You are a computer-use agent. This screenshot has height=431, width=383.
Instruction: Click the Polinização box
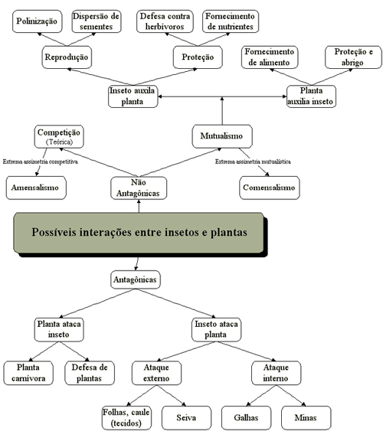pos(37,21)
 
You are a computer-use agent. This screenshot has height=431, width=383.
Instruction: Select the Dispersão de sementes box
pos(97,21)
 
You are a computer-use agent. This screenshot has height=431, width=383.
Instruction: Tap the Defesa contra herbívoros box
pos(165,21)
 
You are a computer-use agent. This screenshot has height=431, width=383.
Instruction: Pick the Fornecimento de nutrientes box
pos(231,21)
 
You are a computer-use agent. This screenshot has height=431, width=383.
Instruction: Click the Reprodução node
pos(67,57)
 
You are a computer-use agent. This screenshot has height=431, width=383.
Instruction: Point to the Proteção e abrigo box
pos(353,57)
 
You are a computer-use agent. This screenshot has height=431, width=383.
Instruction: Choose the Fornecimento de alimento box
pos(270,57)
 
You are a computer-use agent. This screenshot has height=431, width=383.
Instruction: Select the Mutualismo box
pos(222,136)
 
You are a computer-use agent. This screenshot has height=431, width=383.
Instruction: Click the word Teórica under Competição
pos(59,142)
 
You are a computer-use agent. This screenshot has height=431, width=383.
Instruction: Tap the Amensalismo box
pos(36,188)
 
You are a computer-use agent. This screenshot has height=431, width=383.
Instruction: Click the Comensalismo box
pos(269,188)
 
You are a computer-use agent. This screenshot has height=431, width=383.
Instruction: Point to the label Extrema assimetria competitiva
pos(40,162)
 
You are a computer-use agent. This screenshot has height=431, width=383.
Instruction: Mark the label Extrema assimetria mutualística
pos(253,162)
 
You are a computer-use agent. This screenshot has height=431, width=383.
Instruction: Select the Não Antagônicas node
pos(139,188)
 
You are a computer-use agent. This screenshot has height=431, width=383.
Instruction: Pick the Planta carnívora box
pos(28,373)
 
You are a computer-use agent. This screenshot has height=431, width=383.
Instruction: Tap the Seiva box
pos(186,418)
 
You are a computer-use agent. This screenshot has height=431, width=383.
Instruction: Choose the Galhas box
pos(246,418)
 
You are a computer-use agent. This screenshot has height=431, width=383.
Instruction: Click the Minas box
pos(306,418)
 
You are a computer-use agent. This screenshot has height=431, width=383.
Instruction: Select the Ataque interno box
pos(276,373)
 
